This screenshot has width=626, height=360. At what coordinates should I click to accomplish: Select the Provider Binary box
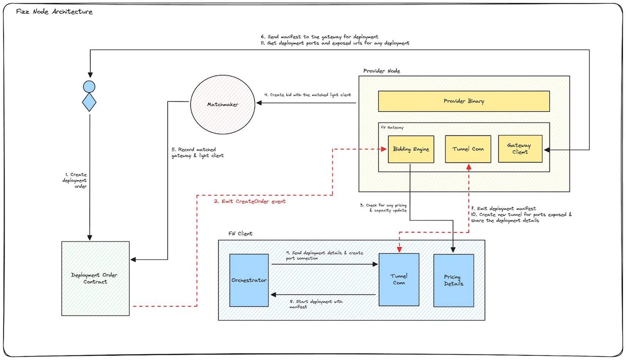point(464,101)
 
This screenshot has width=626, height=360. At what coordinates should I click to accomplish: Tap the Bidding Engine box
point(411,149)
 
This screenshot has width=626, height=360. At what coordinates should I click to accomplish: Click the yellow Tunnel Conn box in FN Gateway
point(468,149)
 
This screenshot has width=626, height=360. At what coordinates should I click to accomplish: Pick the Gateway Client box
point(520,149)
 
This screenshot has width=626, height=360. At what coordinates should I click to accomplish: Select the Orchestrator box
point(249,280)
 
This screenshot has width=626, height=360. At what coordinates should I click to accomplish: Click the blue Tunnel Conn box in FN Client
point(399,279)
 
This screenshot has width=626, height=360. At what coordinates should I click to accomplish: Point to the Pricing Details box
point(454,280)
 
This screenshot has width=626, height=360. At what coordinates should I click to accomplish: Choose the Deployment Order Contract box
point(96,278)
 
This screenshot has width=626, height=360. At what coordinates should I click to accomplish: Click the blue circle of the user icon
point(89,87)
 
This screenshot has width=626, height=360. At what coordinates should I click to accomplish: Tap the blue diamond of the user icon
point(89,102)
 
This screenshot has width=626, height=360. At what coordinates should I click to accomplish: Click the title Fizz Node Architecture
point(54,11)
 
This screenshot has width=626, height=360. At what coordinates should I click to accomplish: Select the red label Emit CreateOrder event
point(250,201)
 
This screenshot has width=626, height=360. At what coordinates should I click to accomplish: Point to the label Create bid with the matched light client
point(308,95)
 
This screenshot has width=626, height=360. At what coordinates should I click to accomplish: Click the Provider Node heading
point(381,71)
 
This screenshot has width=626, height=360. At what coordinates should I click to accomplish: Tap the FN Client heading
point(240,234)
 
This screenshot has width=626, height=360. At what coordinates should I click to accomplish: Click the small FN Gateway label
point(392,127)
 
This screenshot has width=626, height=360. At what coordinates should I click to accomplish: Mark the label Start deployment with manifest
point(316,304)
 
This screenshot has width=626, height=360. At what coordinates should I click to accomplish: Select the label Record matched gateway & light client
point(198,153)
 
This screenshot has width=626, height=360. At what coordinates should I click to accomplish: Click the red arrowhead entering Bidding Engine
point(384,149)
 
